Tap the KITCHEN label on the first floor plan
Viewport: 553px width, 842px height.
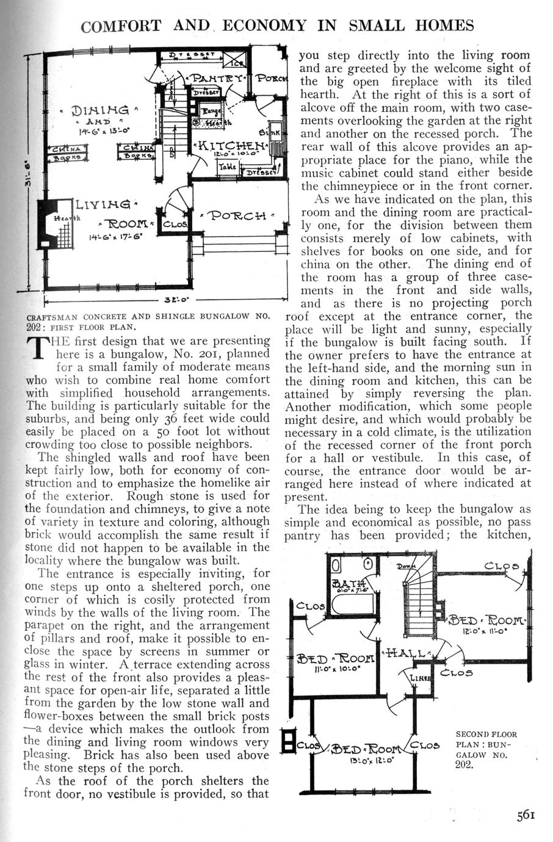click(232, 146)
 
